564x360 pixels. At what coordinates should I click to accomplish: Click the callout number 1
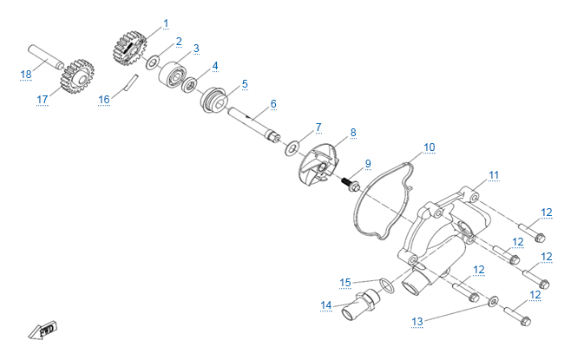coord(166,23)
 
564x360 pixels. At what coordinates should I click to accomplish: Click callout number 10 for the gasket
coord(429,147)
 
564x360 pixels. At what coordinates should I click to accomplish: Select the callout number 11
coord(494,175)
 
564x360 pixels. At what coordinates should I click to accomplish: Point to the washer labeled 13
coord(492,301)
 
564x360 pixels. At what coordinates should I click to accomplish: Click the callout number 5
coord(245,84)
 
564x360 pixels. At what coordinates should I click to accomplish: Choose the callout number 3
coord(196,48)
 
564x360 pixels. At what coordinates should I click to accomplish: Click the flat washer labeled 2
coord(152,62)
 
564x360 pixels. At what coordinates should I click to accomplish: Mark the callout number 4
coord(214,65)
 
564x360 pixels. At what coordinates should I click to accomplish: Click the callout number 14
coord(326,305)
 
